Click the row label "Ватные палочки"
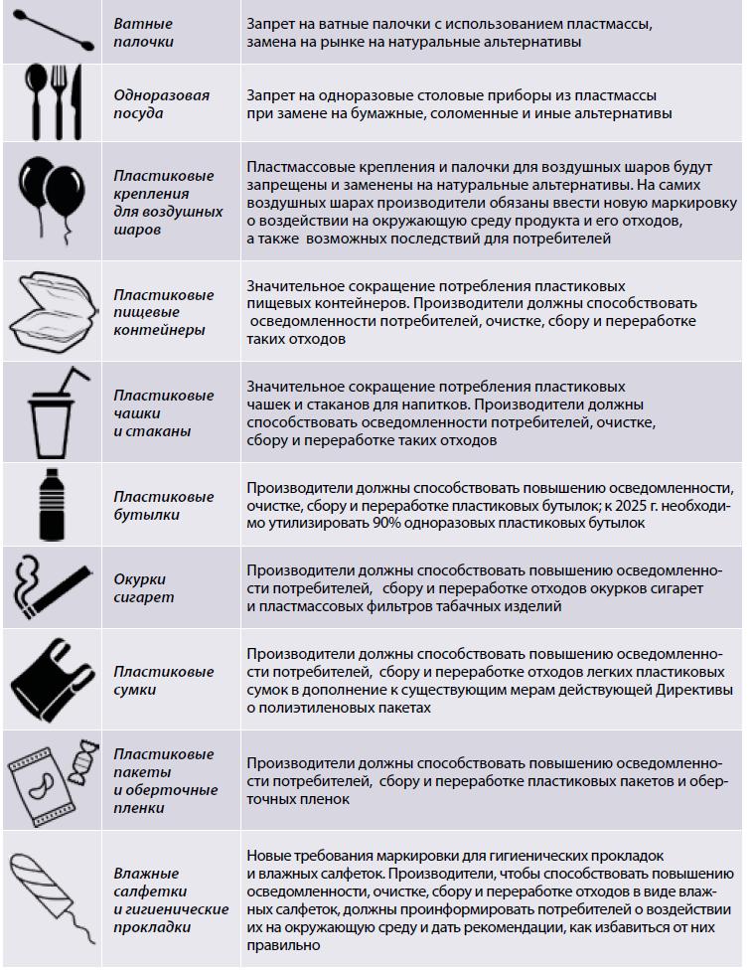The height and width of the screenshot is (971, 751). point(143,33)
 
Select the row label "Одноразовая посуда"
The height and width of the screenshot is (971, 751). point(160,104)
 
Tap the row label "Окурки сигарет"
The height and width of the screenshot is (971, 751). point(143,588)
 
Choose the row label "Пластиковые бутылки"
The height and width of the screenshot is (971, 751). point(163,505)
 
